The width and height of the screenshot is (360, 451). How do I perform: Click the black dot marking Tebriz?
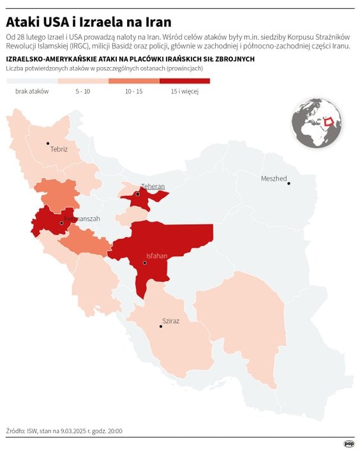[x=48, y=144]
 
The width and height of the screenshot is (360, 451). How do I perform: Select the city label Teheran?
[x=153, y=187]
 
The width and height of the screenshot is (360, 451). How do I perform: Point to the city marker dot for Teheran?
[x=137, y=194]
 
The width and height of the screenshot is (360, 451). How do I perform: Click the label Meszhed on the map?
[x=274, y=178]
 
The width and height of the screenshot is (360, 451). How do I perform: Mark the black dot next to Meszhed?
[x=289, y=183]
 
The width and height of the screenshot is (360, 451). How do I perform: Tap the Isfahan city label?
[x=156, y=256]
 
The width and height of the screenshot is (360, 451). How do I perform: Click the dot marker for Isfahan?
[x=145, y=263]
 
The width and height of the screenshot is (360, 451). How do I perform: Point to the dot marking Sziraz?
[x=160, y=326]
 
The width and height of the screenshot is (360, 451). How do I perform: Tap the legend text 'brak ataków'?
[x=32, y=91]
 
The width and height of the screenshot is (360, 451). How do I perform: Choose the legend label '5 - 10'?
[x=82, y=91]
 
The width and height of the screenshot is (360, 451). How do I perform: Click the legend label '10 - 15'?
[x=133, y=91]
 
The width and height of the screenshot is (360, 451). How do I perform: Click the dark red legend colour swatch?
[x=184, y=81]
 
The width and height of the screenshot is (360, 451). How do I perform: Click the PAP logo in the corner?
[x=349, y=443]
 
